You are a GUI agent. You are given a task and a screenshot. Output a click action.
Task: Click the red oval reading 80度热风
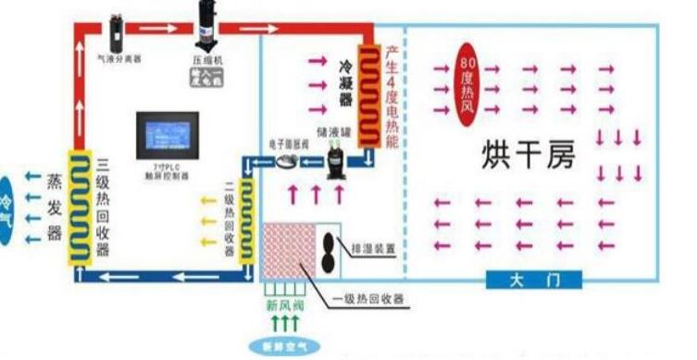467,86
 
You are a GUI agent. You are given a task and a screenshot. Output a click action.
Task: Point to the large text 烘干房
529,155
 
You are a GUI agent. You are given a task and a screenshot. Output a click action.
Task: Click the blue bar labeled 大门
532,279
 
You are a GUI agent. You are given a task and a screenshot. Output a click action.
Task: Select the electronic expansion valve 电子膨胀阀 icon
286,159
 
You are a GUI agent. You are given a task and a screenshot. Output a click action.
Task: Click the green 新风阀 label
287,306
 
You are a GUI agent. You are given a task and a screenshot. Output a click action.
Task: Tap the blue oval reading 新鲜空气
287,347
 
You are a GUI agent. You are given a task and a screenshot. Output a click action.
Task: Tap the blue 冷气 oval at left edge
6,207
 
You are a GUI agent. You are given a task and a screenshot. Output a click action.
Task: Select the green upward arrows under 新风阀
287,324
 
